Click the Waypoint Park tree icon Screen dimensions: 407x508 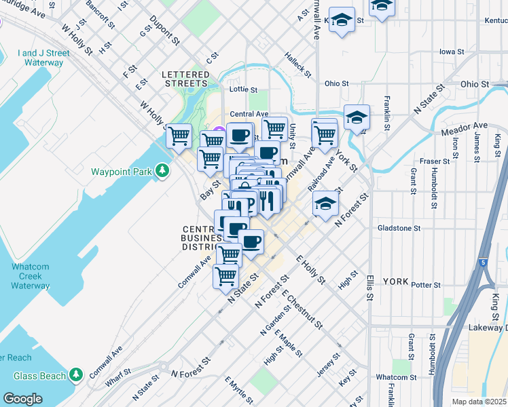pos(162,170)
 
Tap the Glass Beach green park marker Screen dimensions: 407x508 pos(76,374)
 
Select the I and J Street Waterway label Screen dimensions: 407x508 pos(44,58)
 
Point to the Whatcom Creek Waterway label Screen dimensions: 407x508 pos(31,276)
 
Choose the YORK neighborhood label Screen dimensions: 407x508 pos(395,281)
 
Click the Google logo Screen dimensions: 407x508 pos(22,399)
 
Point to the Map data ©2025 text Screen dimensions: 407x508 pos(479,402)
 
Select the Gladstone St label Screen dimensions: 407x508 pos(399,228)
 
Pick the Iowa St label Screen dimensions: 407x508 pos(451,51)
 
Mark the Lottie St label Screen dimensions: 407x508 pos(243,90)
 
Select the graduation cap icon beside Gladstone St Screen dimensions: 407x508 pos(325,203)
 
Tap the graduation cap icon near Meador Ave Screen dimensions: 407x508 pos(357,117)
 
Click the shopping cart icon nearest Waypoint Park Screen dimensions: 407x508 pos(179,136)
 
